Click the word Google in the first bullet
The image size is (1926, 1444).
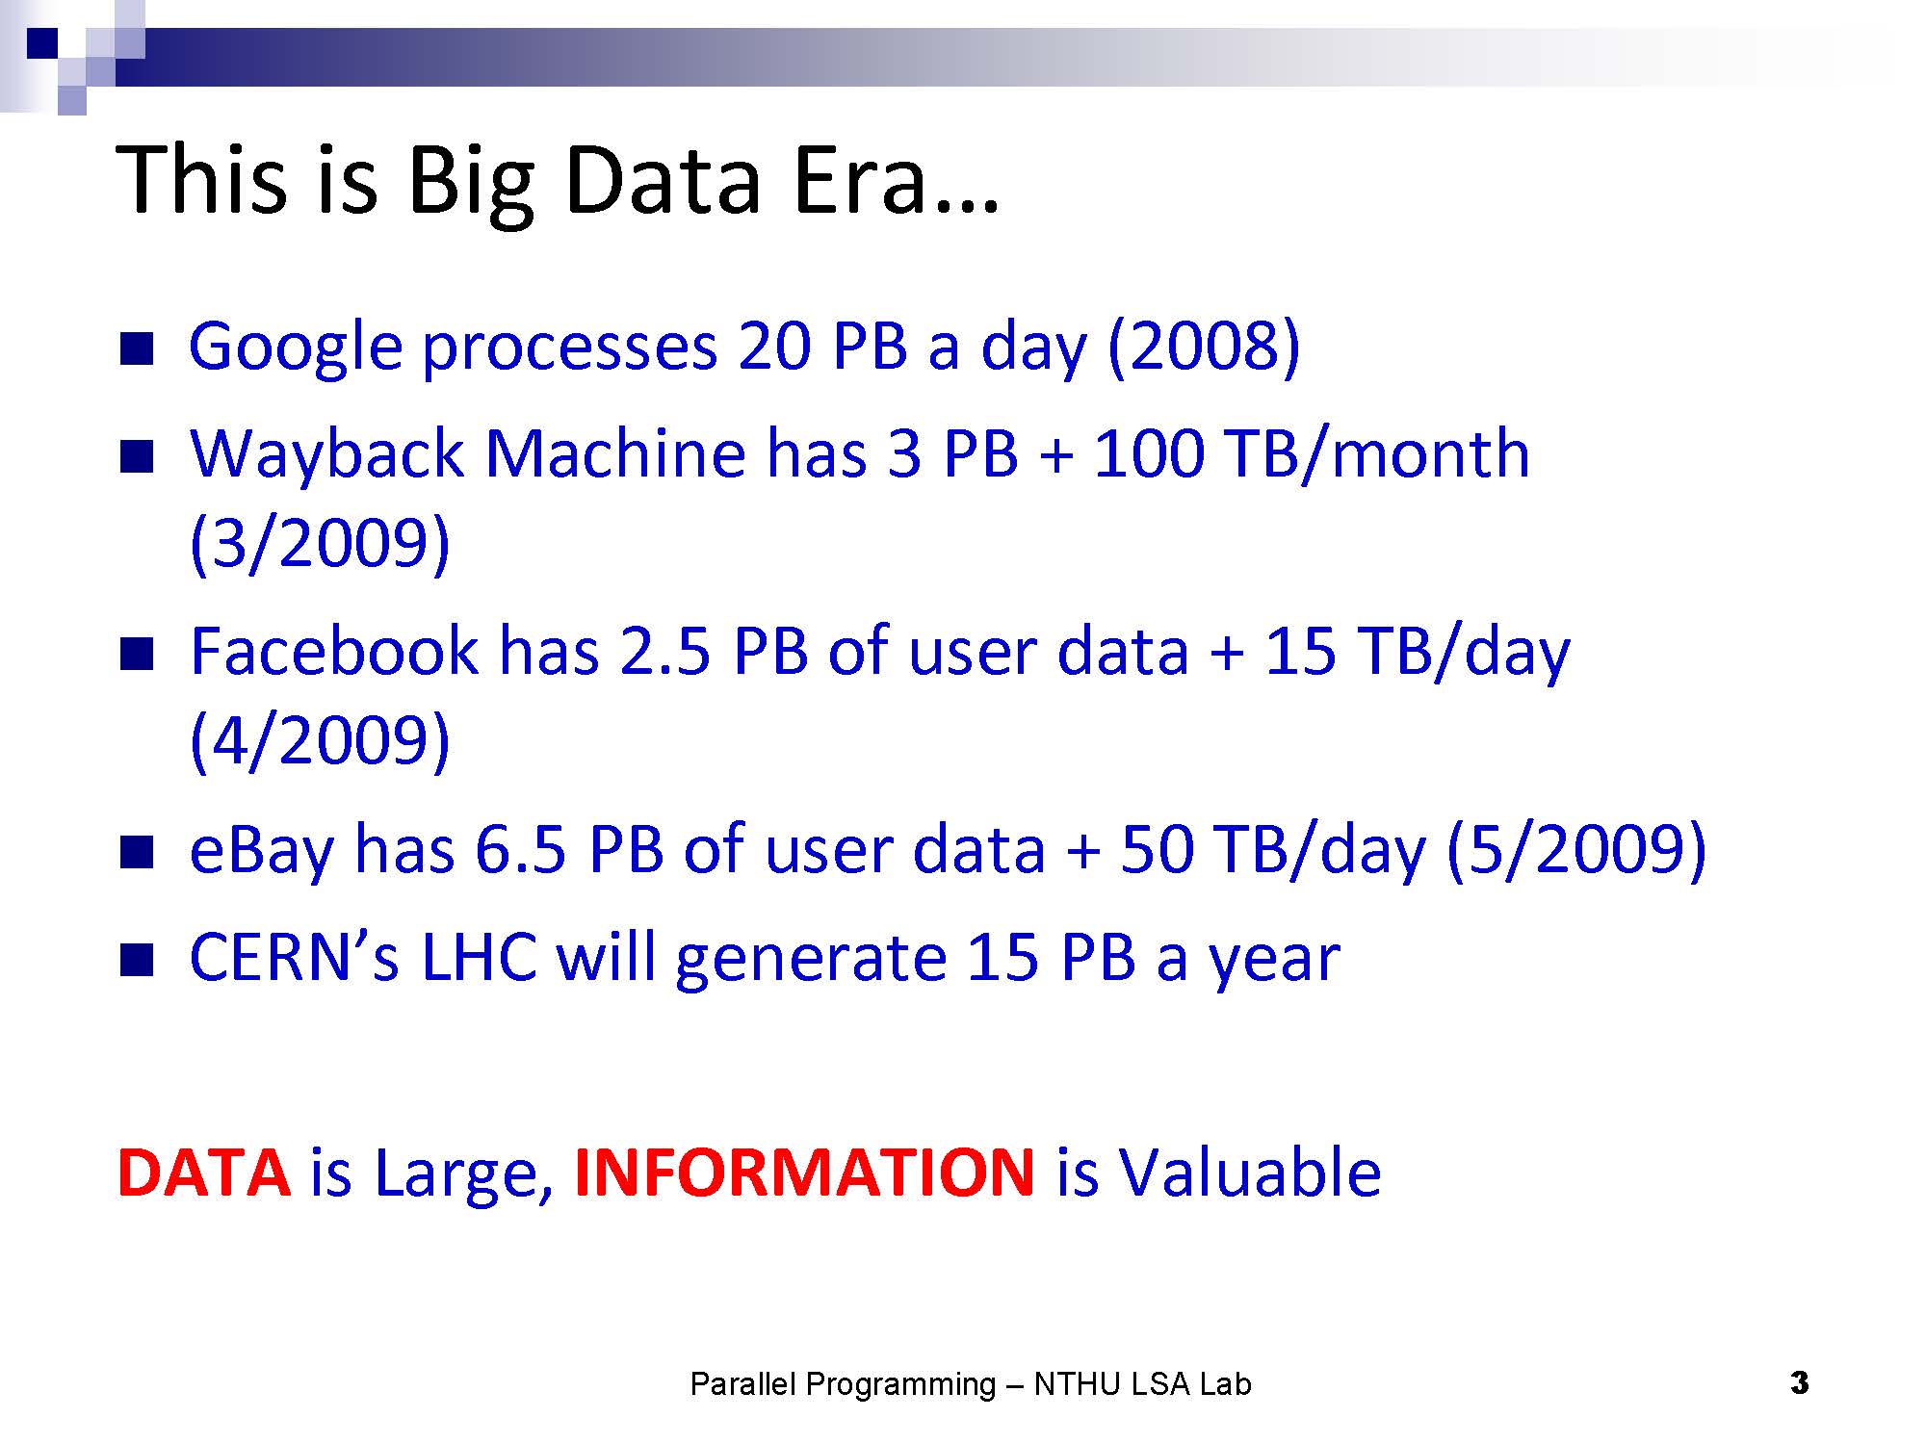coord(295,348)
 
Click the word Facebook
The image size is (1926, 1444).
coord(333,651)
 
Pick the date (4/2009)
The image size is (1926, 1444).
coord(320,741)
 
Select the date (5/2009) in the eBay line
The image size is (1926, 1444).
coord(1577,849)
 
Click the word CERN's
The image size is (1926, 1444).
coord(294,957)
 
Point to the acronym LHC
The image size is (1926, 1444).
coord(479,957)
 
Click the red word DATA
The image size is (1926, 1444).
coord(203,1173)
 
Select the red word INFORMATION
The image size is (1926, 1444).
coord(804,1173)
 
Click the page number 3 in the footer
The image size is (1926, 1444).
coord(1799,1383)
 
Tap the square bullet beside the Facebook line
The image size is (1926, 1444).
coord(137,656)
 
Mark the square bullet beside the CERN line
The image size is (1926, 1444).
coord(137,960)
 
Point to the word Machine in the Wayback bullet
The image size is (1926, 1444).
coord(615,454)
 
